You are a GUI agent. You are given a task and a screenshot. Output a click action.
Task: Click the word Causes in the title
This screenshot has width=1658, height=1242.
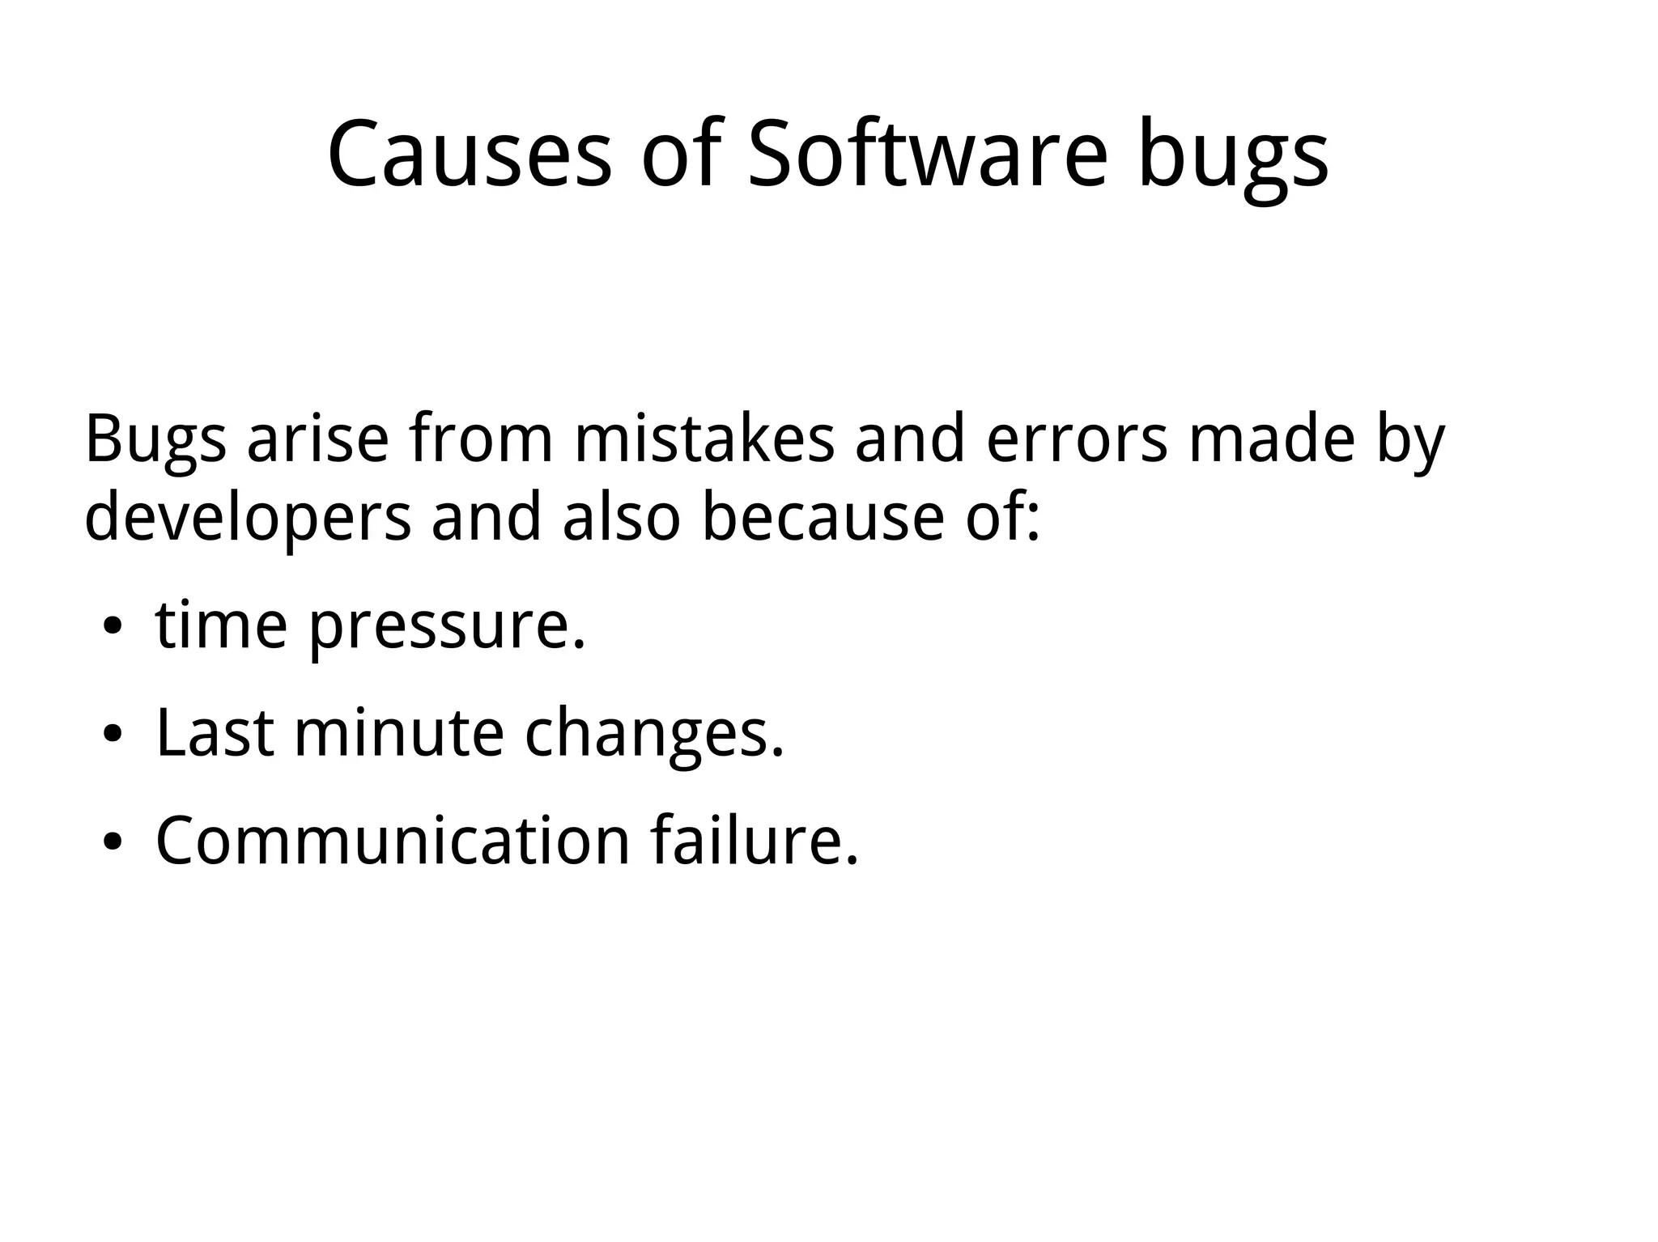[470, 154]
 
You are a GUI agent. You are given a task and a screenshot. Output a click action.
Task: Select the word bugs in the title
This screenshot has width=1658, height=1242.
[1233, 158]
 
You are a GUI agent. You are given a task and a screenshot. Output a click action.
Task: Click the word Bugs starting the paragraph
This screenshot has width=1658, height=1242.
[155, 441]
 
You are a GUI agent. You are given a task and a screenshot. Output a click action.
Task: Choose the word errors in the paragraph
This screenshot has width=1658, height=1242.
[1077, 441]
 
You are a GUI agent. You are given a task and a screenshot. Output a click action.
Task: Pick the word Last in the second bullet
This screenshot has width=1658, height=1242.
[215, 732]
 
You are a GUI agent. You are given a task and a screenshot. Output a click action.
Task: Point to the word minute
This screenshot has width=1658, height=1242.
[398, 732]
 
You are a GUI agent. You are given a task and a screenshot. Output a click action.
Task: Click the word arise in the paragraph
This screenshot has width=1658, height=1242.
[317, 441]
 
